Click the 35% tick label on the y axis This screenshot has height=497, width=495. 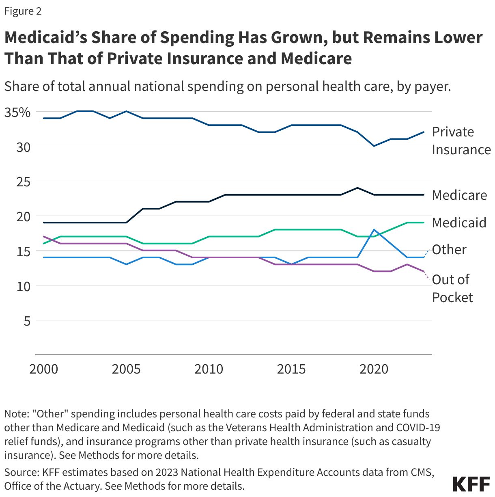[x=17, y=112]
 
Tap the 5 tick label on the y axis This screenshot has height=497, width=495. [x=27, y=321]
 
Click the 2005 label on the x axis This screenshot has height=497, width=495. [x=126, y=369]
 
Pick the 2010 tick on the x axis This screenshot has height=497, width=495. [x=209, y=369]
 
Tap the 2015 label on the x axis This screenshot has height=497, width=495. [x=291, y=369]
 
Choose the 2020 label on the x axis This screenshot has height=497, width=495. [x=374, y=369]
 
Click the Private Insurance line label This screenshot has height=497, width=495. [x=461, y=140]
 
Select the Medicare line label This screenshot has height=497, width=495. [x=459, y=195]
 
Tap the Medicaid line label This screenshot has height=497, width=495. [x=459, y=223]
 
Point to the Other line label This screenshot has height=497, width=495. [x=449, y=249]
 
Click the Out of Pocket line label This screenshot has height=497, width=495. [x=452, y=288]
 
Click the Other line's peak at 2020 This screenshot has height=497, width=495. [x=374, y=229]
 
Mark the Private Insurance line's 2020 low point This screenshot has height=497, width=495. [x=374, y=146]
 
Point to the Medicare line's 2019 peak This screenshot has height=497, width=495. [x=357, y=188]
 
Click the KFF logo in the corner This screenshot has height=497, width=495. [x=471, y=484]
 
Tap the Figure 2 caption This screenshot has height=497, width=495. [x=23, y=11]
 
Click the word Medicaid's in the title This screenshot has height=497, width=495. [x=45, y=37]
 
